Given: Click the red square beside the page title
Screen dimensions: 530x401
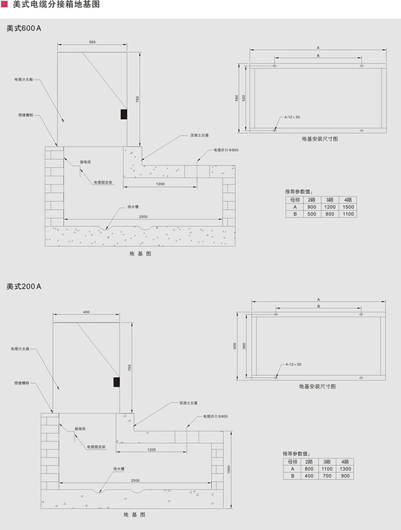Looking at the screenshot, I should pos(5,5).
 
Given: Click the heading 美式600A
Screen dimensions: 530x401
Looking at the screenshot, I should pos(24,28).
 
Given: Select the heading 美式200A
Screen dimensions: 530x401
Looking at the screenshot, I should pos(24,286).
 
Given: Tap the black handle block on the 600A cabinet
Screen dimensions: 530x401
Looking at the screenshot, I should pos(123,114).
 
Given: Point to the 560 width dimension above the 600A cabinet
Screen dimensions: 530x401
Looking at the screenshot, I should pos(92,42).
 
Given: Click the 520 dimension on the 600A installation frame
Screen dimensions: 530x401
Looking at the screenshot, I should pos(243,98).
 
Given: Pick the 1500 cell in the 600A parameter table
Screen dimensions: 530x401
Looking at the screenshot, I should pos(348,206).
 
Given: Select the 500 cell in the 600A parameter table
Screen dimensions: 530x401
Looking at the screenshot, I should pos(312,214).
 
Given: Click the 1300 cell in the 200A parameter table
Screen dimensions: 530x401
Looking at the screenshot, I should pos(345,469).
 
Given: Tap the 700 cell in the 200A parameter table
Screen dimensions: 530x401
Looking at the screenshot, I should pos(327,476).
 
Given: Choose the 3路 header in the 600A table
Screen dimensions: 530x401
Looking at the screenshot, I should pos(330,200).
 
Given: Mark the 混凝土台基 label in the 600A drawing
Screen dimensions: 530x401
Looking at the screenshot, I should pos(200,136).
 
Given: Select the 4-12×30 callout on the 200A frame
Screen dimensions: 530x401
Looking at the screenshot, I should pos(293,364).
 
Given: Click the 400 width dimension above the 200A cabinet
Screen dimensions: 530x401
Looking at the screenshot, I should pos(87,312).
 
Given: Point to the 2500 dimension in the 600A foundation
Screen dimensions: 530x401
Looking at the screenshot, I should pos(143,216).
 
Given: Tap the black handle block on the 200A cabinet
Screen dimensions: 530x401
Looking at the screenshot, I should pos(117,381).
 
